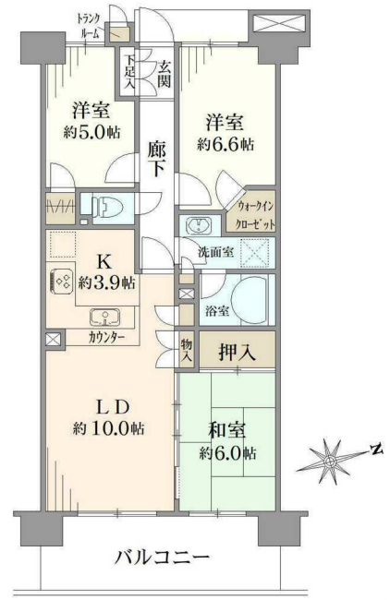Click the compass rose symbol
(329, 462)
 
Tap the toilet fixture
(109, 209)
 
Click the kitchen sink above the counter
(105, 317)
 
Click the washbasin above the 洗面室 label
(199, 224)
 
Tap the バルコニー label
(163, 558)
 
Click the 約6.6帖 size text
(225, 144)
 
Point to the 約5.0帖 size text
(91, 132)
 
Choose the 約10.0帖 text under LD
(109, 428)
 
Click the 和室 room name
(227, 430)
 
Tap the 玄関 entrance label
(165, 74)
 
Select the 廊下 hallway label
(157, 159)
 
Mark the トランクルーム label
(89, 26)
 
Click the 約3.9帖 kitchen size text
(106, 283)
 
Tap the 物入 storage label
(187, 350)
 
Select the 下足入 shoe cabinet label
(131, 72)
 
